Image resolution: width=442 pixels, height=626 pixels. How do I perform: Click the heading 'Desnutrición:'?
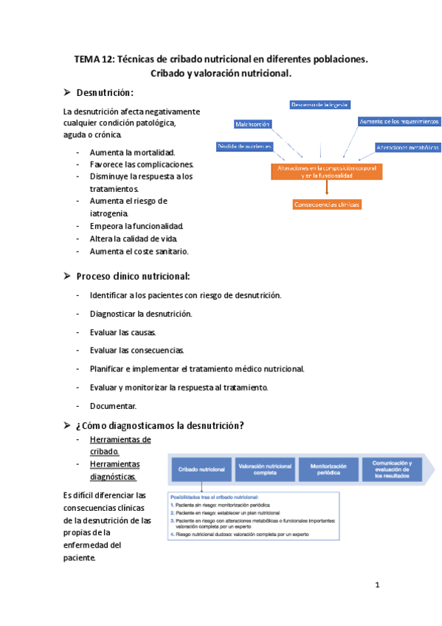[106, 92]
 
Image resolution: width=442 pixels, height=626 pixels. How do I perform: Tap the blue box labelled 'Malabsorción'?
[253, 124]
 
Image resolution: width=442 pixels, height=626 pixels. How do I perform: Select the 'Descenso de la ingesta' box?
[320, 104]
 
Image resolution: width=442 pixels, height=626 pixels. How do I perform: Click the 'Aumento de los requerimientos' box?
[399, 121]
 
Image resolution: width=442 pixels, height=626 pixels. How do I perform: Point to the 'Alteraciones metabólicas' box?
[407, 148]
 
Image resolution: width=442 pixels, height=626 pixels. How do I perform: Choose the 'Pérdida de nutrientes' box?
[245, 147]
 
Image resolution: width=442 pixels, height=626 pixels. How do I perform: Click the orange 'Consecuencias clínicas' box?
[327, 204]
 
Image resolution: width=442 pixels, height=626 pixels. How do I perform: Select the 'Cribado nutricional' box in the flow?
[201, 469]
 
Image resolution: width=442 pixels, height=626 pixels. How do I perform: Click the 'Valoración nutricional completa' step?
[264, 469]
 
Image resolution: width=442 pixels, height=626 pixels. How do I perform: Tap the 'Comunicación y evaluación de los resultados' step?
[392, 469]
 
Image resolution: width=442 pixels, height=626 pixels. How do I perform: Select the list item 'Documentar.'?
[113, 405]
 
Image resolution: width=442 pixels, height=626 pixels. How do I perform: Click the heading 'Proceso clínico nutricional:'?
[133, 276]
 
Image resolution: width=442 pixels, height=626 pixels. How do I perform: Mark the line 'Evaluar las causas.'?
[122, 332]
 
